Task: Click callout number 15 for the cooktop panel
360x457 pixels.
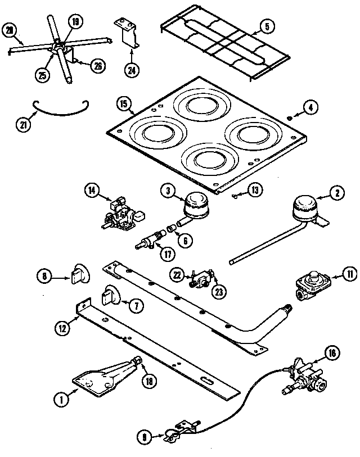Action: pos(124,103)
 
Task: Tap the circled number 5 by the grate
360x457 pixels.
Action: pos(267,25)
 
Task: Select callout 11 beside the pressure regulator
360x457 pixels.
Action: pos(335,274)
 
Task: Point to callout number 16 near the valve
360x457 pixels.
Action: pos(332,353)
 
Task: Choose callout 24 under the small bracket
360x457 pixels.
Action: pos(132,71)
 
